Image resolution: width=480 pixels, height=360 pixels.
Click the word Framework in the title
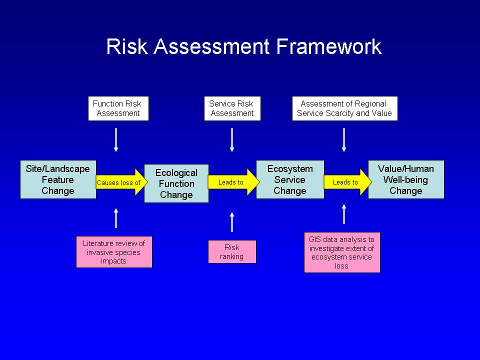click(329, 46)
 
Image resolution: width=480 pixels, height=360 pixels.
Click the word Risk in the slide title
click(126, 46)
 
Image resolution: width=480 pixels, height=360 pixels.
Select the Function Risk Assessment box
click(118, 108)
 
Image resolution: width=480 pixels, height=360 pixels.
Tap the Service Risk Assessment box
click(232, 108)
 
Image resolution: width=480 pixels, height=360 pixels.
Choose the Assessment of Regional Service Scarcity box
click(345, 108)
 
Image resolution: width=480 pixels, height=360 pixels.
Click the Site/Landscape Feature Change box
click(58, 179)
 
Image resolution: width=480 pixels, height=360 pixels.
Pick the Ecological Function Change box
click(176, 183)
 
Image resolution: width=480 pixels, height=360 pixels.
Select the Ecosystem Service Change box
click(290, 179)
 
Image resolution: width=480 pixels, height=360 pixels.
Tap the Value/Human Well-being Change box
click(406, 179)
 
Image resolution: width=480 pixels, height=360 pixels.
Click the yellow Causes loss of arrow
click(121, 182)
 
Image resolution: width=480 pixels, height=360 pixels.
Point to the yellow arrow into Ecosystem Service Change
click(233, 182)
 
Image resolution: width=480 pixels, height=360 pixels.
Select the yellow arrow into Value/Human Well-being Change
click(347, 182)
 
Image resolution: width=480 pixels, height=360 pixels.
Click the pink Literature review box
click(114, 252)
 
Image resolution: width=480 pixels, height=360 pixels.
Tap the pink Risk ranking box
click(232, 251)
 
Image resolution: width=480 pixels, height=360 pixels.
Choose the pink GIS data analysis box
click(342, 252)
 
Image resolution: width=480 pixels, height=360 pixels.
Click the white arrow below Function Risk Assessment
click(116, 140)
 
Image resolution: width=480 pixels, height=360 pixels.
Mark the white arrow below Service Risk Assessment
click(232, 140)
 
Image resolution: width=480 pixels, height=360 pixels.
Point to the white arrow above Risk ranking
click(232, 222)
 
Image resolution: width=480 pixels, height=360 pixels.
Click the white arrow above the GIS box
click(344, 214)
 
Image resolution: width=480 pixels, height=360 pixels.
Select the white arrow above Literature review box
click(116, 218)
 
